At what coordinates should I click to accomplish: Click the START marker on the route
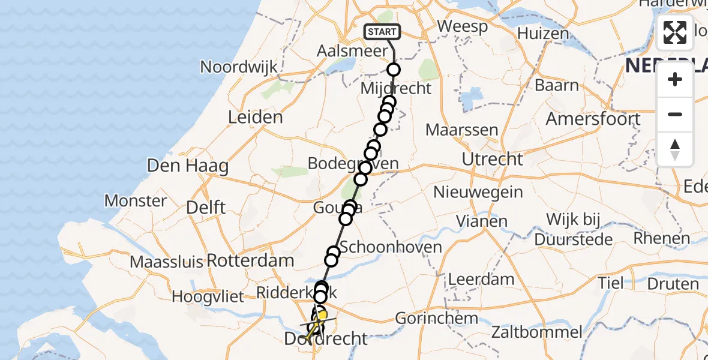pyautogui.click(x=382, y=32)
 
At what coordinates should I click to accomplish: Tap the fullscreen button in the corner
pyautogui.click(x=675, y=32)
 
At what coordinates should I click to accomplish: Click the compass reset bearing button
pyautogui.click(x=675, y=149)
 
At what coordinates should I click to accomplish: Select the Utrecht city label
pyautogui.click(x=493, y=159)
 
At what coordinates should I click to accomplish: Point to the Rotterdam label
pyautogui.click(x=250, y=261)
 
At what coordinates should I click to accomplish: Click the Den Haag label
pyautogui.click(x=187, y=165)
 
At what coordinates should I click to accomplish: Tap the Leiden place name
pyautogui.click(x=256, y=117)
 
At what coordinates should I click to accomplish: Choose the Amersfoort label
pyautogui.click(x=593, y=119)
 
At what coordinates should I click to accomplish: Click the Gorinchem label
pyautogui.click(x=432, y=319)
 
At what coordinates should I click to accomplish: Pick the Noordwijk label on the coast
pyautogui.click(x=239, y=67)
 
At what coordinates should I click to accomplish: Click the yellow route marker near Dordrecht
pyautogui.click(x=322, y=315)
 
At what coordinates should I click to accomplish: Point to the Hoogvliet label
pyautogui.click(x=208, y=296)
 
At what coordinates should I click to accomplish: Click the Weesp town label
pyautogui.click(x=461, y=26)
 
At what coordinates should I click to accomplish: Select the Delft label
pyautogui.click(x=206, y=208)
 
